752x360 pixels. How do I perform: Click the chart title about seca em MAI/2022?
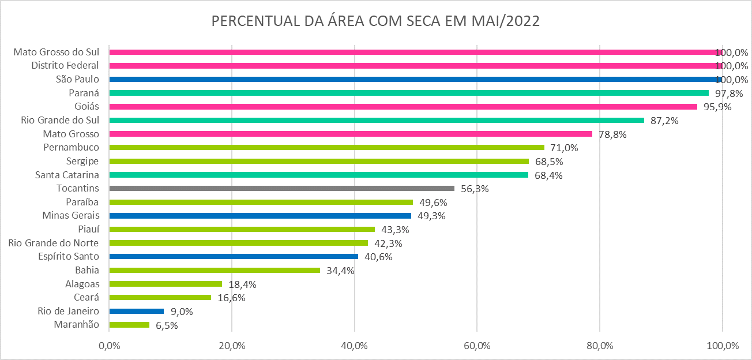tap(375, 21)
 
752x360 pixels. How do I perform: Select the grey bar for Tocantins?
tap(281, 188)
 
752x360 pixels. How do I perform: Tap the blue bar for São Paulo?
tap(415, 79)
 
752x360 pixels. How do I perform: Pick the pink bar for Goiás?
tap(403, 107)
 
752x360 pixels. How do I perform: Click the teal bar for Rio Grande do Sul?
tap(376, 120)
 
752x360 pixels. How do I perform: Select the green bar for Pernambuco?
tap(326, 148)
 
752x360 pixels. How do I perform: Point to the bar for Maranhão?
tap(129, 325)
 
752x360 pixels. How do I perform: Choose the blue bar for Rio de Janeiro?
tap(137, 311)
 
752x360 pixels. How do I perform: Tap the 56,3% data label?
tap(475, 189)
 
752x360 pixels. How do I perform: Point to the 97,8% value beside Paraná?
tap(729, 93)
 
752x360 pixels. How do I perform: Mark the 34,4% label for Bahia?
tap(340, 270)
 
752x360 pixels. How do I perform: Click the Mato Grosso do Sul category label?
tap(56, 52)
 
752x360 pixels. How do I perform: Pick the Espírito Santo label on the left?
tap(68, 256)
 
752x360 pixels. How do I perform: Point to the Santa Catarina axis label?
tap(67, 175)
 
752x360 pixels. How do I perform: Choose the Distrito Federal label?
tap(65, 66)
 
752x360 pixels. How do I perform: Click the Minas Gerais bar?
tap(260, 216)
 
